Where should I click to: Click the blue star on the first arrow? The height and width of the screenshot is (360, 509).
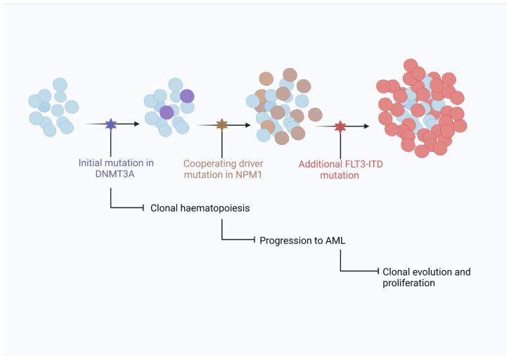(111, 124)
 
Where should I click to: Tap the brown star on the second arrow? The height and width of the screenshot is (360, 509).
(221, 125)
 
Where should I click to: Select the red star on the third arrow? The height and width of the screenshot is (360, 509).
(340, 127)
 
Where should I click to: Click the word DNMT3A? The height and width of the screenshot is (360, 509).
(115, 174)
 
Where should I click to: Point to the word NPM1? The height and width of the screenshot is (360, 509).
(249, 174)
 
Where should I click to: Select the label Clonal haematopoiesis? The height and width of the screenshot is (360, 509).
(200, 208)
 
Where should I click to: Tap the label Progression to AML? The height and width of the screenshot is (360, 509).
(302, 240)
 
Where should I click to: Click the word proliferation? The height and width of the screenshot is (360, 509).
(408, 283)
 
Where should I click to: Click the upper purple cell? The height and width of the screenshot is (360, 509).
(187, 96)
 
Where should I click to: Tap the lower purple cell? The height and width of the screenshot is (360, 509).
(167, 112)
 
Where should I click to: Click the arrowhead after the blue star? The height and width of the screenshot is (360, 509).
(136, 124)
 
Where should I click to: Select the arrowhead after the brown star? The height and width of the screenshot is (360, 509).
(247, 125)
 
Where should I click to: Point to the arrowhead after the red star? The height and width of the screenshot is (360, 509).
(366, 127)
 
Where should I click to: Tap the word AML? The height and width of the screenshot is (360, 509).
(335, 240)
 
